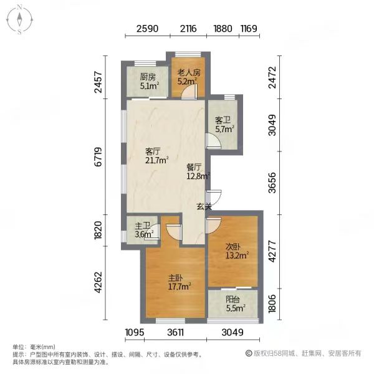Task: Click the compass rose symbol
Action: tap(19, 20)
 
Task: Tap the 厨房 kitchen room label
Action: tap(148, 77)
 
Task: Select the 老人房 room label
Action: tap(189, 72)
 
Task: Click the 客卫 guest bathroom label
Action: tap(223, 120)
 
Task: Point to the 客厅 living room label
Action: tap(153, 151)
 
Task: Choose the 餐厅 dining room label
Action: tap(194, 167)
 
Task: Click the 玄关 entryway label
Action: tap(204, 206)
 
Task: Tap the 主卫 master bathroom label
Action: tap(143, 226)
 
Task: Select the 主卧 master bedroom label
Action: tap(176, 278)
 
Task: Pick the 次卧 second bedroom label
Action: tap(233, 247)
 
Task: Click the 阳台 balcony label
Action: tap(233, 299)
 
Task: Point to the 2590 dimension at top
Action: tap(147, 29)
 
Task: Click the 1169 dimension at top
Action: tap(249, 29)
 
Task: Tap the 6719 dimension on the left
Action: tap(98, 156)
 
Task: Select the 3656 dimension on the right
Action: tap(272, 183)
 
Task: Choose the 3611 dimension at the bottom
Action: tap(175, 332)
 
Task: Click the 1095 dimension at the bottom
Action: tap(135, 332)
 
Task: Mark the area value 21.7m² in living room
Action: tap(156, 160)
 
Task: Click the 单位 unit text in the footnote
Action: tap(17, 347)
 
